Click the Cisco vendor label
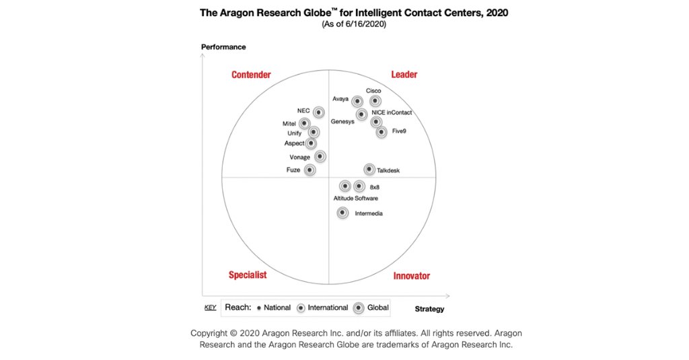[373, 91]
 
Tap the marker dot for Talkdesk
[369, 170]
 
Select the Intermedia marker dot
[342, 213]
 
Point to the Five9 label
[399, 132]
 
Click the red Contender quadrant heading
[251, 75]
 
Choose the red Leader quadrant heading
[404, 75]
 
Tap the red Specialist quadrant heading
[248, 275]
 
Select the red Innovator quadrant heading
[411, 276]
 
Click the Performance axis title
[223, 47]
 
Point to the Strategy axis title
[429, 309]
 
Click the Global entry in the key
[377, 308]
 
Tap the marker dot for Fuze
[310, 170]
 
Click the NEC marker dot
[318, 112]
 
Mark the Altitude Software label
[355, 199]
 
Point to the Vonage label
[299, 157]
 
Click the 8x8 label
[384, 187]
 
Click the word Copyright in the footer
[212, 333]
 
